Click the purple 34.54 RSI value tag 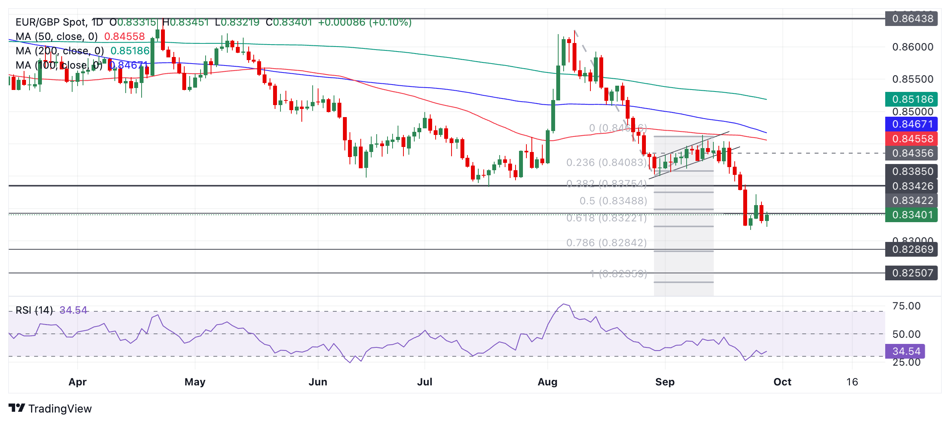905,351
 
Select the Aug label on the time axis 547,382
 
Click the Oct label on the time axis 782,382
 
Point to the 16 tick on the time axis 852,382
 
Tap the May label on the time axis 195,382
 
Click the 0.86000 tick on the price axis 912,47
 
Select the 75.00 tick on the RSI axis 906,306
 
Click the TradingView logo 50,409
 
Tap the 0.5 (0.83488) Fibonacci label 613,201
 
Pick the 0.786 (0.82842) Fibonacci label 606,243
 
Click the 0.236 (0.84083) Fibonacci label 606,162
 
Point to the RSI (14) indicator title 34,310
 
